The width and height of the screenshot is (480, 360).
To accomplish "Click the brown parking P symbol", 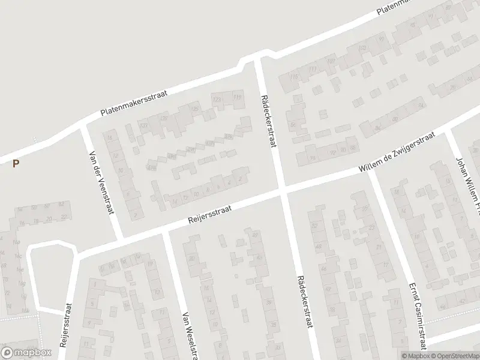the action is point(16,163).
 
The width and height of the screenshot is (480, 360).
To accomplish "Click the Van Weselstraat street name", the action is point(190,334).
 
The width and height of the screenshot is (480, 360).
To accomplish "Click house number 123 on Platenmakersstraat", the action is point(217,98).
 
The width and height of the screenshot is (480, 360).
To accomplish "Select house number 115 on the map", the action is point(293,77).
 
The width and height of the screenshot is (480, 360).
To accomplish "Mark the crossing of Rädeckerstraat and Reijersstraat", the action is point(283,191).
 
